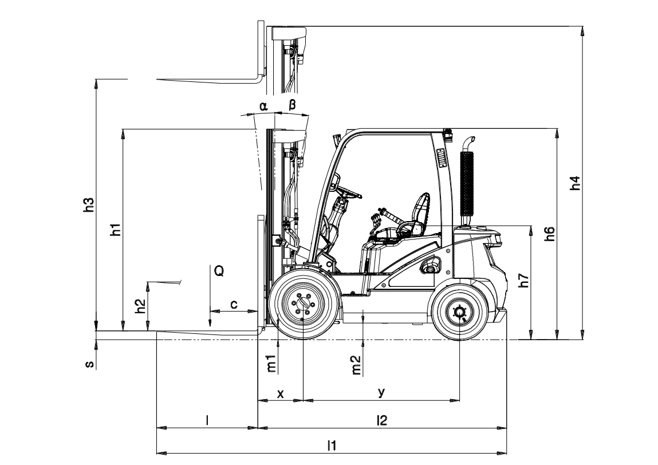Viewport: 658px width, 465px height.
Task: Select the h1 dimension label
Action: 116,230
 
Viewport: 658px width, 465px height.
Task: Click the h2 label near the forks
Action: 140,307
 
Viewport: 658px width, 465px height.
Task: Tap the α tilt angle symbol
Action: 263,106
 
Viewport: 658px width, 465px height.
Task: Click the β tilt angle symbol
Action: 292,105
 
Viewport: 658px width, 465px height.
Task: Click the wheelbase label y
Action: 381,392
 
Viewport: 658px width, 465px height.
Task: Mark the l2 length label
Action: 382,420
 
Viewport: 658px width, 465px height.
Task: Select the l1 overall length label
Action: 332,445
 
